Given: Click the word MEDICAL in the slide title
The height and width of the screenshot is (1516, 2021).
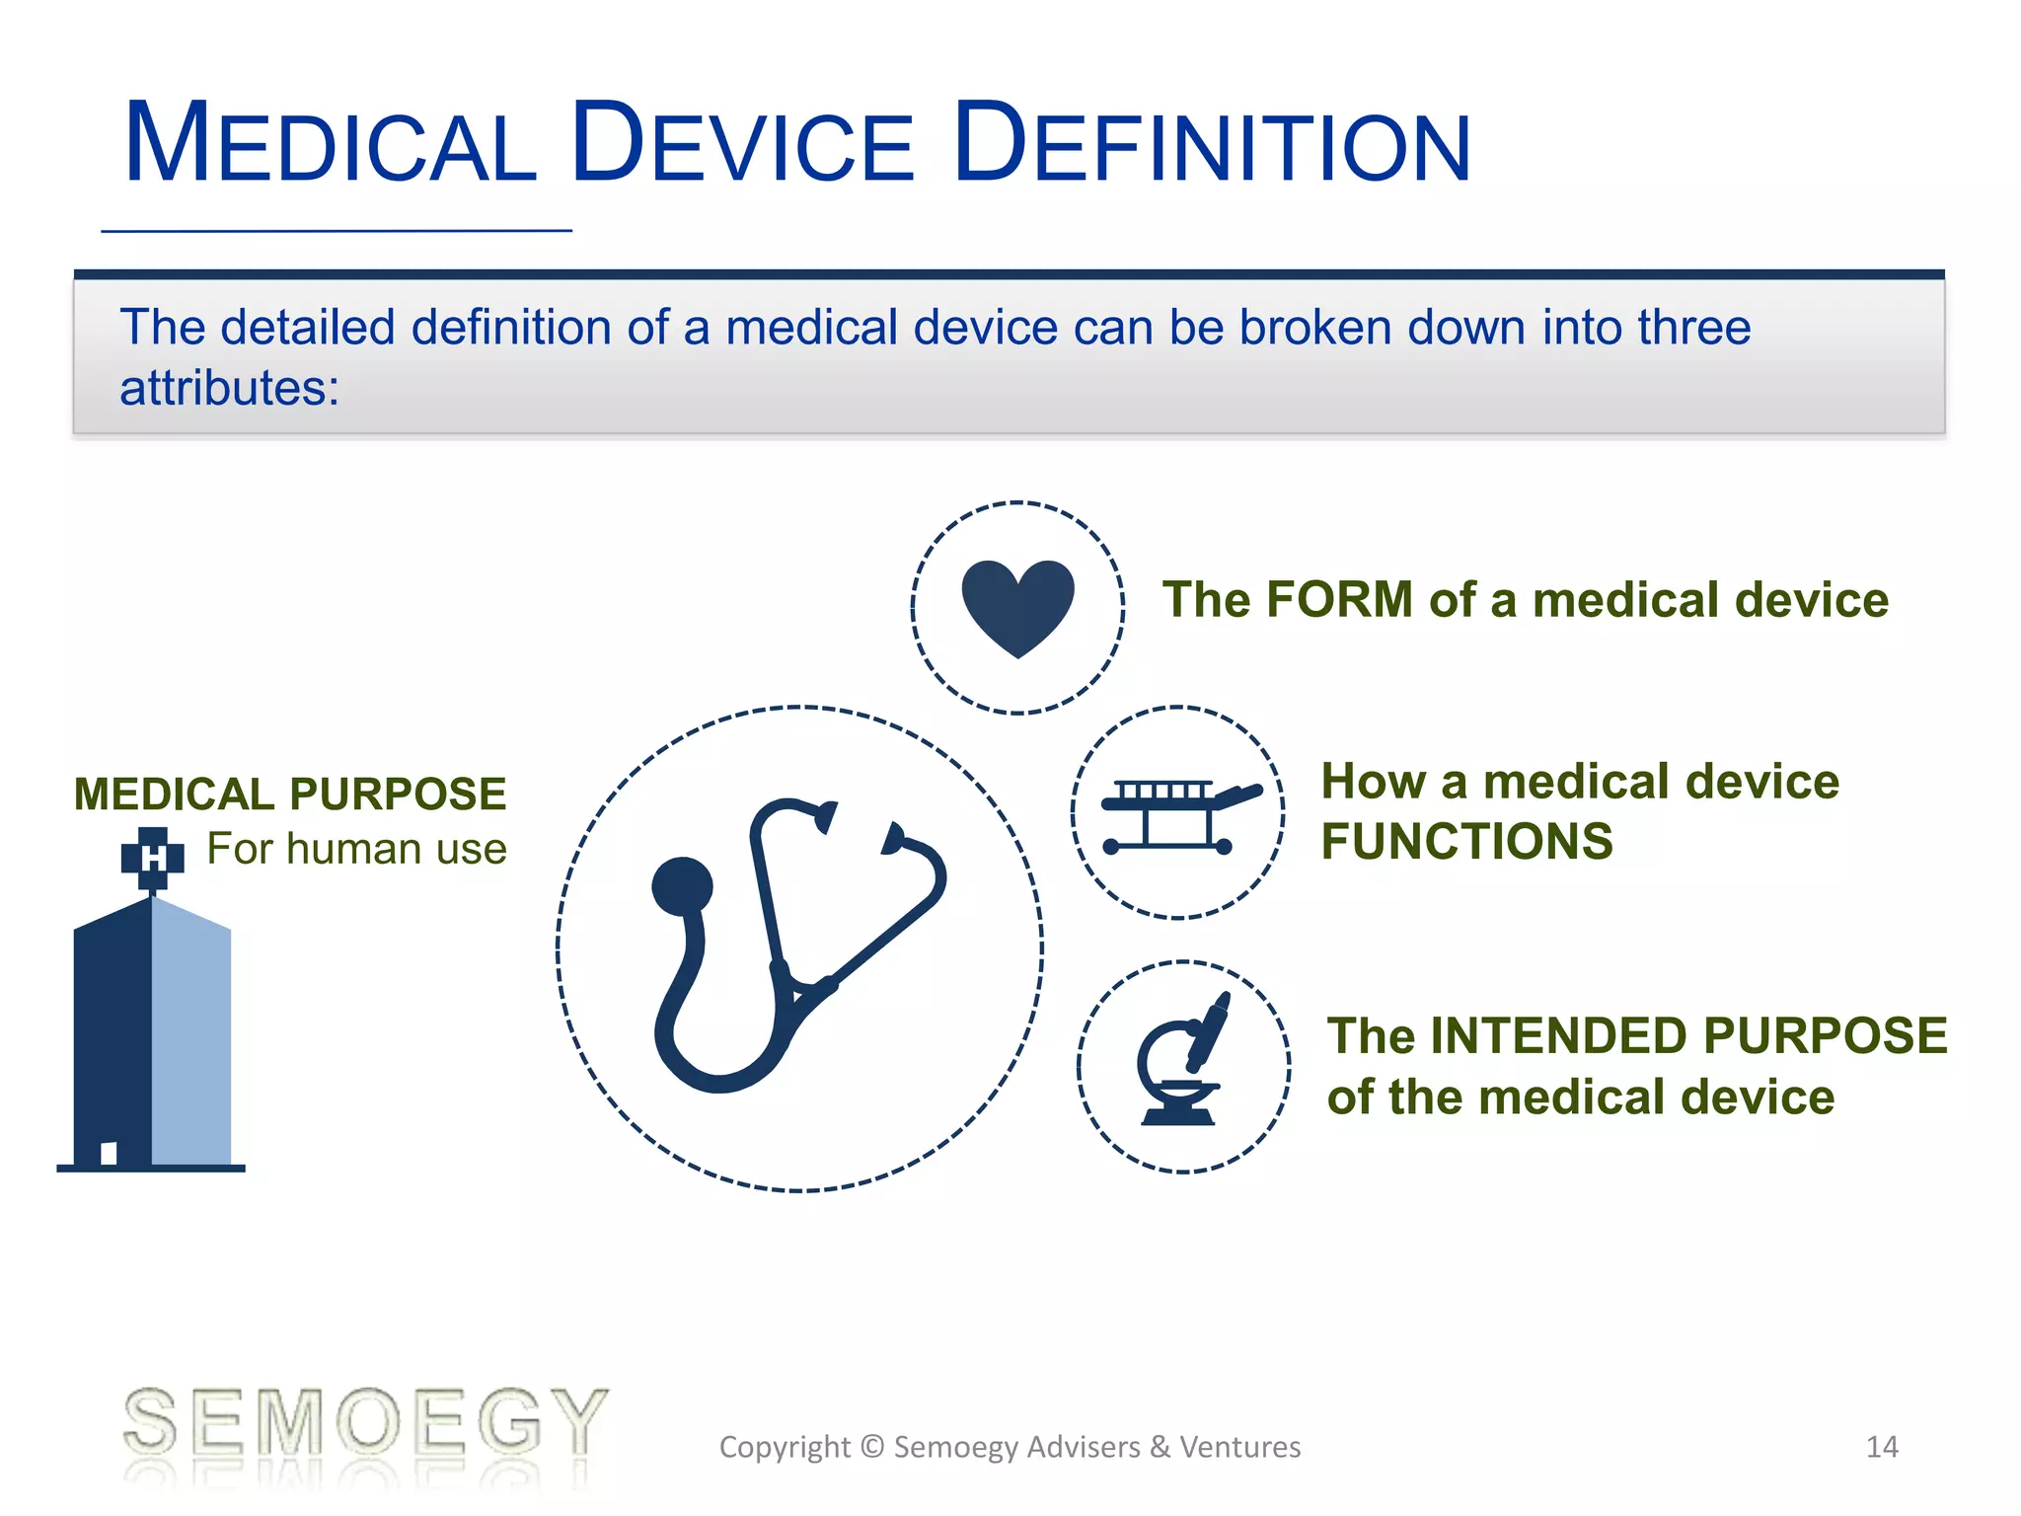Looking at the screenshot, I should (x=331, y=144).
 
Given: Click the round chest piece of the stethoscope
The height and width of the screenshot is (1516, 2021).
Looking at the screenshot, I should (x=682, y=885).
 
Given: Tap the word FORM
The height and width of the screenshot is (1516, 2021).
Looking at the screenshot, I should (x=1339, y=599).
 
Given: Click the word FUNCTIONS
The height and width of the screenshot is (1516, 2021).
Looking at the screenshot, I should (x=1466, y=842).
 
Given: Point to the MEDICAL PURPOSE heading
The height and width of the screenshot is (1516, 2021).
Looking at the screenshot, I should (x=290, y=795).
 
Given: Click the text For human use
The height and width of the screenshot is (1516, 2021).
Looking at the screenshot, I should (x=356, y=849).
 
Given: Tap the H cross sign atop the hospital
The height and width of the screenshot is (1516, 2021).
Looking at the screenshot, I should (x=152, y=858).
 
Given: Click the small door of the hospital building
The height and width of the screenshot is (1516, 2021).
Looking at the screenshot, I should (x=109, y=1153).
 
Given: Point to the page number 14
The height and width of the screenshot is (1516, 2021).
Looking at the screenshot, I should (x=1882, y=1447).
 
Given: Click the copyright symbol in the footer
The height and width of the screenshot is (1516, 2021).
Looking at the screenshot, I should (x=871, y=1447).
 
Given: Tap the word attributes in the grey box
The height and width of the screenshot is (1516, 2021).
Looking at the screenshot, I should (x=229, y=388).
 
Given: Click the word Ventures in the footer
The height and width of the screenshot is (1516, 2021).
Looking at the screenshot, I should (x=1240, y=1447).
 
